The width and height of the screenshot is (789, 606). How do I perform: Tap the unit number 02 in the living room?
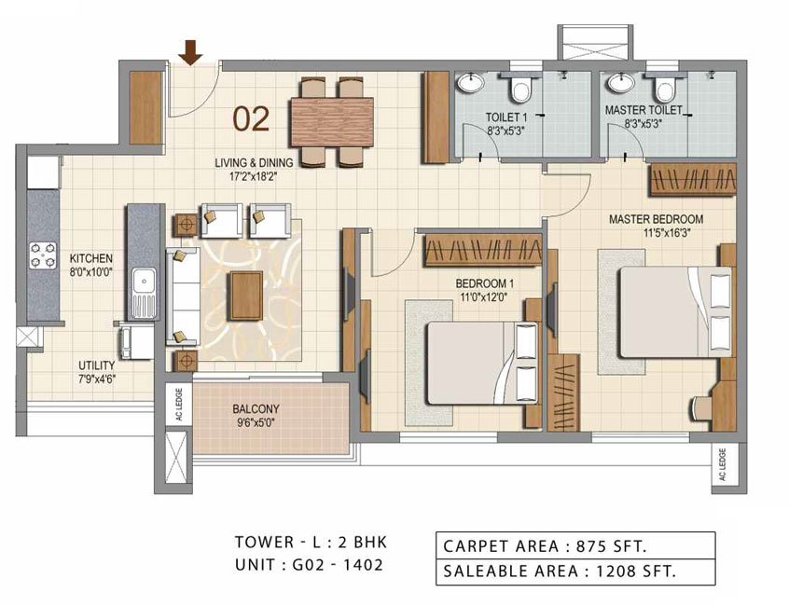(x=251, y=119)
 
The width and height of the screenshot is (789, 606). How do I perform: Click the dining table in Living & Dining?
(x=332, y=122)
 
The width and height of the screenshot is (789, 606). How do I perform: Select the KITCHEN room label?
(x=91, y=258)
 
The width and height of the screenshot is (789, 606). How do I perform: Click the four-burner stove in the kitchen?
(x=43, y=255)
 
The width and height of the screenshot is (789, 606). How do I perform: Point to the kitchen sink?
(x=145, y=293)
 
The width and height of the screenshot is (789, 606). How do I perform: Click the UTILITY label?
(x=97, y=365)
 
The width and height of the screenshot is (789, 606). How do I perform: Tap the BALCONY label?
(x=256, y=409)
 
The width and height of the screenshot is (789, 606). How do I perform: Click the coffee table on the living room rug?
(x=246, y=296)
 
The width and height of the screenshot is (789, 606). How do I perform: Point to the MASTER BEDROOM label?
(x=657, y=219)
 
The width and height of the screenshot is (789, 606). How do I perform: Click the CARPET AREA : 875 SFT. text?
(x=545, y=546)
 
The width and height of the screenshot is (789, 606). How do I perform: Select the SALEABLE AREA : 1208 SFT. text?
(x=559, y=572)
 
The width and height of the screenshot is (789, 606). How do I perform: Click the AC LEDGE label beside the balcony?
(x=179, y=406)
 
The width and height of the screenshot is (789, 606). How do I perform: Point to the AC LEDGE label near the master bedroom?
(x=723, y=465)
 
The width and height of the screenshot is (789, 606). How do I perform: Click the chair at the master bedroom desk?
(x=702, y=406)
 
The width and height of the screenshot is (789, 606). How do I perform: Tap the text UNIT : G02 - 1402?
(x=309, y=565)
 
